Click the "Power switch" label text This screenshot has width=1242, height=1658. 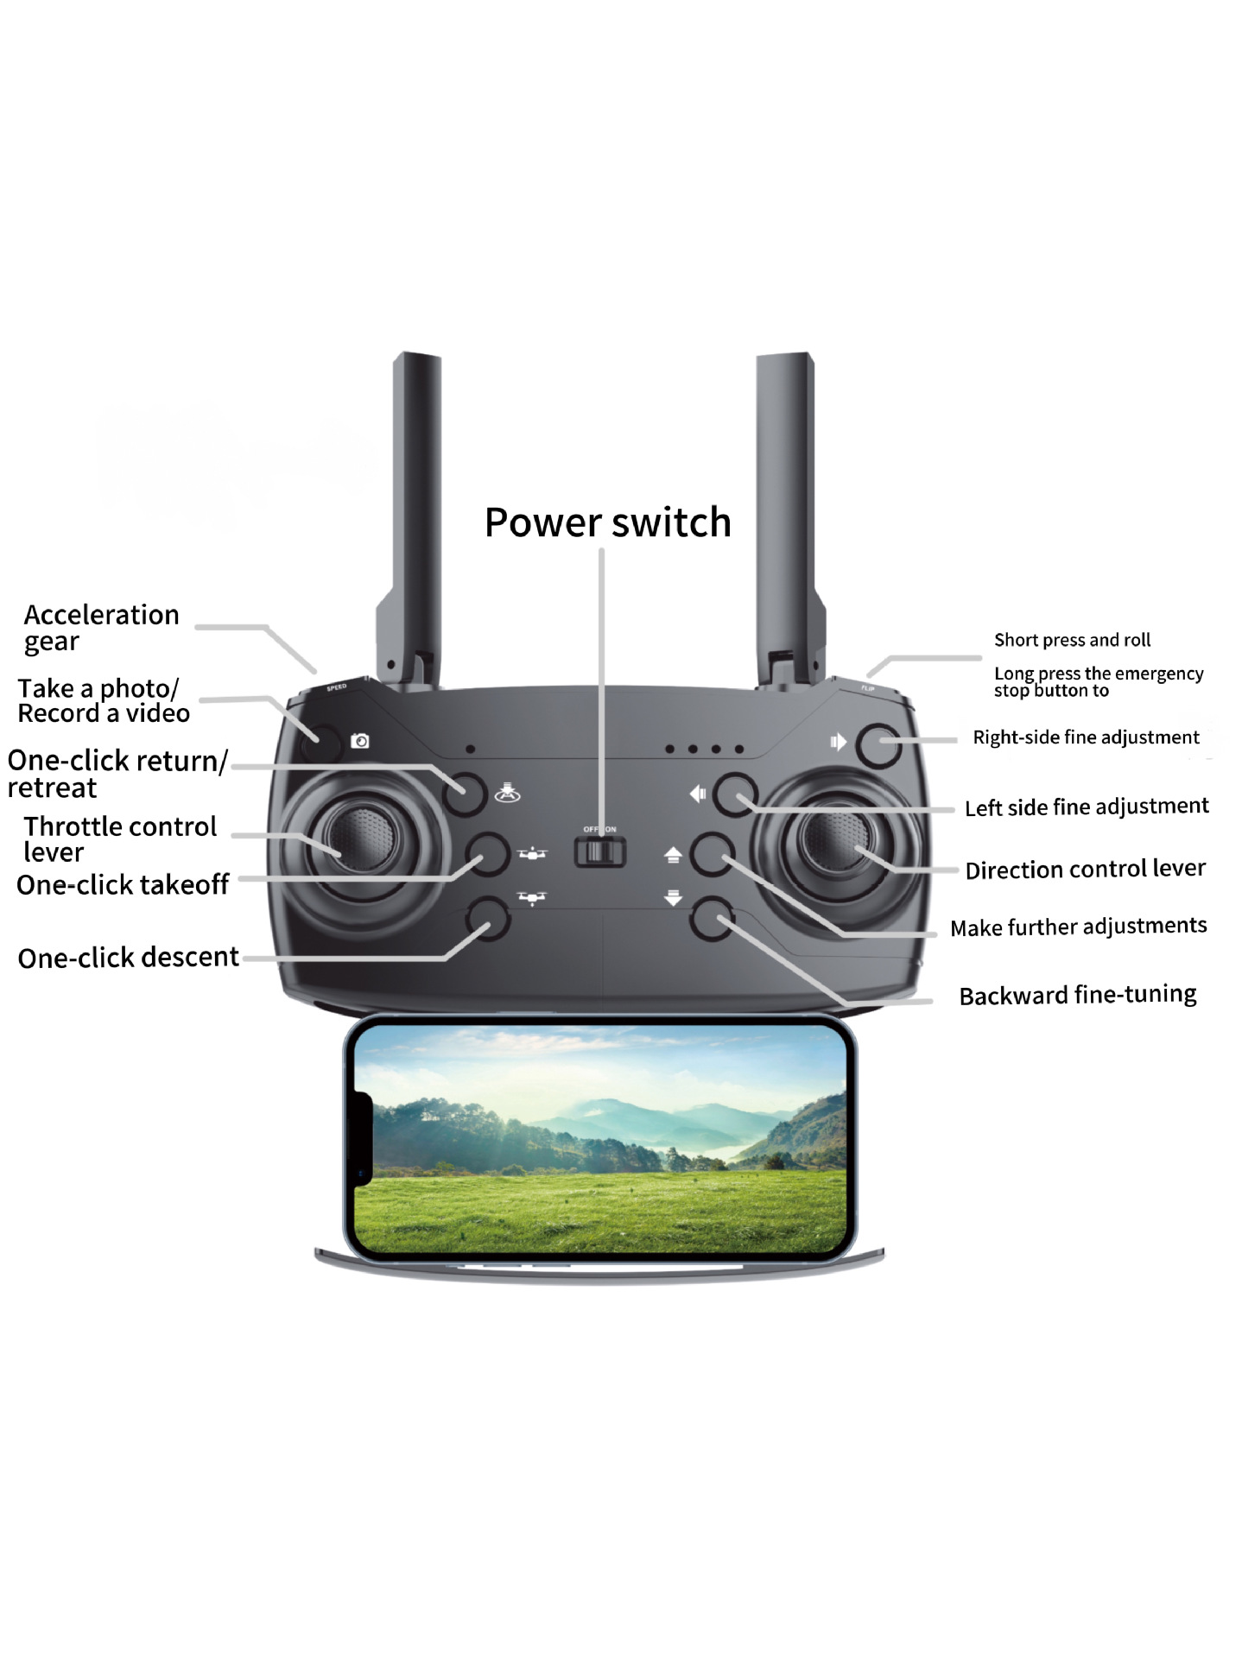coord(607,522)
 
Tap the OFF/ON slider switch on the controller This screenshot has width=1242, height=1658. coord(599,851)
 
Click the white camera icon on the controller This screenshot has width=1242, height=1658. coord(360,741)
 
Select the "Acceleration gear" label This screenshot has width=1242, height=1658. coord(101,628)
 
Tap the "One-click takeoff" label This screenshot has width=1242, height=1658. coord(123,885)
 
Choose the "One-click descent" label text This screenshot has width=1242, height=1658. coord(128,958)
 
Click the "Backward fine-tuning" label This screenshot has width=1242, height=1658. coord(1077,995)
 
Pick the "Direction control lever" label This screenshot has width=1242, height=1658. coord(1085,869)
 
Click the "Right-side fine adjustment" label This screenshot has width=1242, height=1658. coord(1086,737)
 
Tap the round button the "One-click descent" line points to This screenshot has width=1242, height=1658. coord(488,918)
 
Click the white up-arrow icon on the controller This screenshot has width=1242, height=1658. coord(674,855)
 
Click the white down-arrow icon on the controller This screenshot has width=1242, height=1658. coord(674,898)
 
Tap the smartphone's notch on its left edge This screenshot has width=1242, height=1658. coord(363,1139)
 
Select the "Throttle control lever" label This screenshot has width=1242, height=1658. coord(119,839)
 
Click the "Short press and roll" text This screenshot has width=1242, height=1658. coord(1072,640)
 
